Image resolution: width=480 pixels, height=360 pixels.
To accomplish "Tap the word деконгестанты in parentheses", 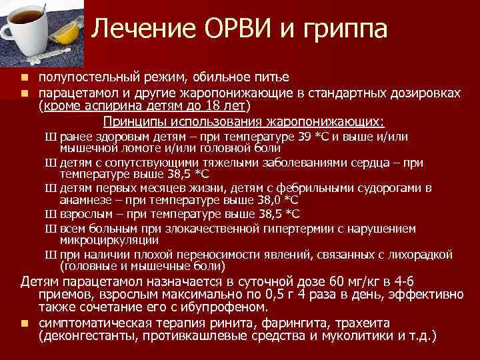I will (81, 336).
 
